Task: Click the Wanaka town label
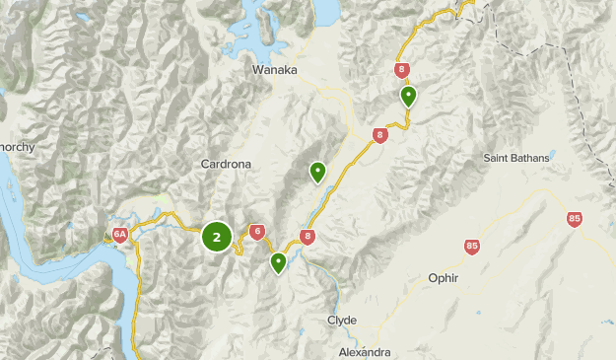[275, 70]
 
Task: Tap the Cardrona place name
[227, 164]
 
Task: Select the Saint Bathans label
[517, 157]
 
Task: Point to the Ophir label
[444, 278]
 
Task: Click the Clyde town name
[342, 321]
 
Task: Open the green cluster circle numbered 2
[217, 237]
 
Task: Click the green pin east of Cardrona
[317, 172]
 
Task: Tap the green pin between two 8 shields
[408, 96]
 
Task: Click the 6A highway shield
[119, 235]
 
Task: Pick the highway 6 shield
[257, 232]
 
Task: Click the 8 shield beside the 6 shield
[308, 236]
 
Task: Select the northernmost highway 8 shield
[401, 70]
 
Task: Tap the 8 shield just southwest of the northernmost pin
[379, 135]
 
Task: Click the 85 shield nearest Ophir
[472, 247]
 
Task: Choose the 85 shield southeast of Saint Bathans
[575, 219]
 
